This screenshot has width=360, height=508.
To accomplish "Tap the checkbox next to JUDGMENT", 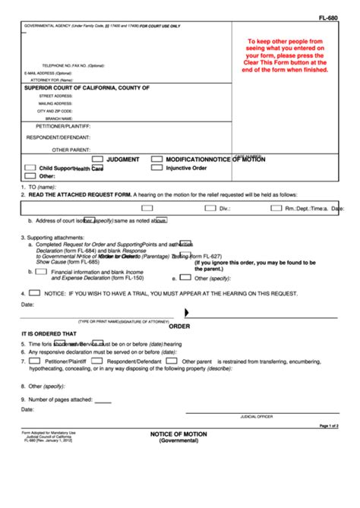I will point(96,159).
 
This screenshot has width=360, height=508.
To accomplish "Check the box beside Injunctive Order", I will point(156,168).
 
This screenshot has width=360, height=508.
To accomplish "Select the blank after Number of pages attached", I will point(103,399).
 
